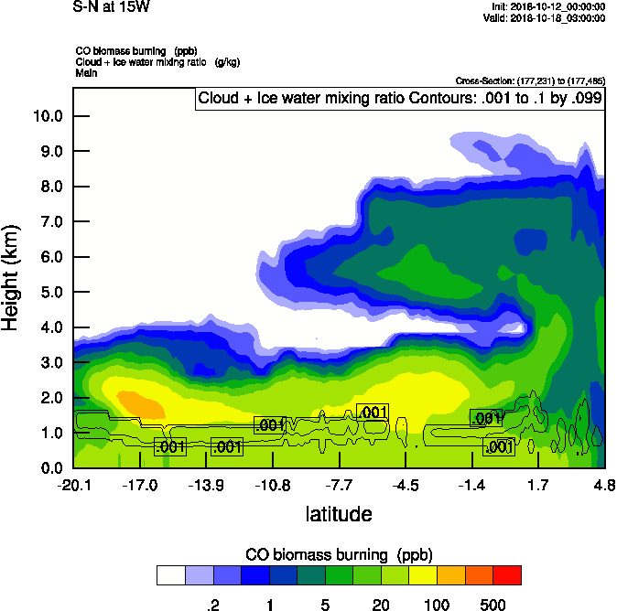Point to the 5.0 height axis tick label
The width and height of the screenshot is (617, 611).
pos(49,293)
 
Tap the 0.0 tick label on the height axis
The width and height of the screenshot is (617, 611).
pos(49,468)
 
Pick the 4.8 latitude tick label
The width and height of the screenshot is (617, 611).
pos(603,485)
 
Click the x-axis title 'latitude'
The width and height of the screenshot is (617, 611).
pos(338,514)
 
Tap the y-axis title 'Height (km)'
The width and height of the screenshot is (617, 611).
pos(12,279)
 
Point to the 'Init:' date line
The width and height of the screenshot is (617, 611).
pos(548,6)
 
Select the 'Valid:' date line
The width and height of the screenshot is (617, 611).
pos(547,17)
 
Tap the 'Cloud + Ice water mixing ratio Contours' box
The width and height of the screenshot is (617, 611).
pos(400,99)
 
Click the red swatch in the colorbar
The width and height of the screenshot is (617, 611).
pos(507,574)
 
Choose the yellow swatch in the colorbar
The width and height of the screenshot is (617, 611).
pos(423,574)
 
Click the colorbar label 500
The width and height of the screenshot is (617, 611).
pos(493,605)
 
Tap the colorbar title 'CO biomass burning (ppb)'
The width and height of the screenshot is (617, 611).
pos(339,554)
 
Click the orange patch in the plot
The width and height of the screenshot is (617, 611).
pos(139,402)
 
